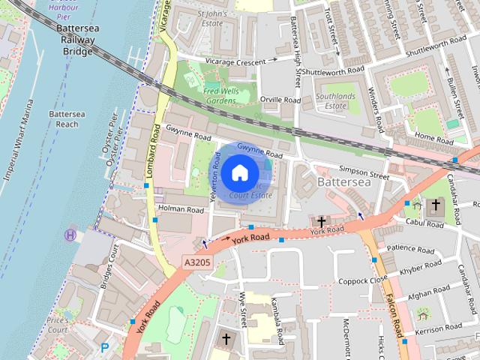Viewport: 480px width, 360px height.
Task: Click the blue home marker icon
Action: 238,173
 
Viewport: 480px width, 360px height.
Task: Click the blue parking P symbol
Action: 105,347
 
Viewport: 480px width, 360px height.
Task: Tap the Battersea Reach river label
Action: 63,118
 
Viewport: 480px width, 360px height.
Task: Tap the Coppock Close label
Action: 362,280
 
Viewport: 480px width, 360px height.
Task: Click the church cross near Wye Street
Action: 226,340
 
